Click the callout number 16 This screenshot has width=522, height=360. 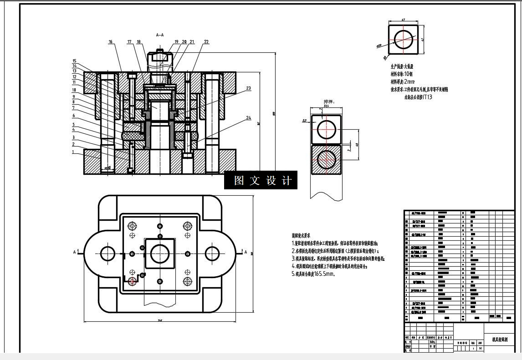[111, 42]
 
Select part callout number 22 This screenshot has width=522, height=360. [206, 42]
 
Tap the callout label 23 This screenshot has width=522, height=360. [248, 88]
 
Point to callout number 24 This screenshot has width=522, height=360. [248, 118]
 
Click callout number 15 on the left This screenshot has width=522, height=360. [74, 61]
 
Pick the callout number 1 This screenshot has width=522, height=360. [73, 152]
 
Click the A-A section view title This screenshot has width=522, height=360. [160, 35]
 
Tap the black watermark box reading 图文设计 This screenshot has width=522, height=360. [261, 180]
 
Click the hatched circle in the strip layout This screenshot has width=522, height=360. [327, 159]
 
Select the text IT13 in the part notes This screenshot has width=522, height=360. [427, 97]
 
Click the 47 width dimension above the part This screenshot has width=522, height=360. [403, 20]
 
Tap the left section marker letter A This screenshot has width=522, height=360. [75, 252]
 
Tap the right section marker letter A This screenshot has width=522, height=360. [246, 252]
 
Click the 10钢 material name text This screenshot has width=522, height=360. [408, 74]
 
